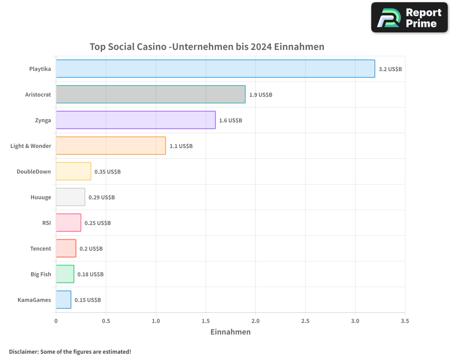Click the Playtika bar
pyautogui.click(x=215, y=69)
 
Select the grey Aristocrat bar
pyautogui.click(x=150, y=94)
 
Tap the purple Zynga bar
pyautogui.click(x=135, y=120)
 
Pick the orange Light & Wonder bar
pyautogui.click(x=111, y=146)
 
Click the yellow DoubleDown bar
pyautogui.click(x=73, y=171)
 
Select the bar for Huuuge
pyautogui.click(x=70, y=197)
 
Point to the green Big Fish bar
pyautogui.click(x=65, y=274)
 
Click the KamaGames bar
pyautogui.click(x=63, y=300)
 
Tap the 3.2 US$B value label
pyautogui.click(x=390, y=69)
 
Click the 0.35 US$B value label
pyautogui.click(x=108, y=172)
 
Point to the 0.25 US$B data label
pyautogui.click(x=98, y=223)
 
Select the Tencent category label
pyautogui.click(x=40, y=249)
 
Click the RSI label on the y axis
pyautogui.click(x=46, y=223)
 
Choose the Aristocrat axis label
pyautogui.click(x=38, y=95)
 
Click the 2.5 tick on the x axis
pyautogui.click(x=305, y=321)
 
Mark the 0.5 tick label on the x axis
pyautogui.click(x=106, y=321)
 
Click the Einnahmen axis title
pyautogui.click(x=230, y=332)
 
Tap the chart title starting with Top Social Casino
pyautogui.click(x=207, y=47)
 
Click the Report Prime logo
pyautogui.click(x=409, y=18)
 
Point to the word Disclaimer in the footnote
pyautogui.click(x=23, y=351)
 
